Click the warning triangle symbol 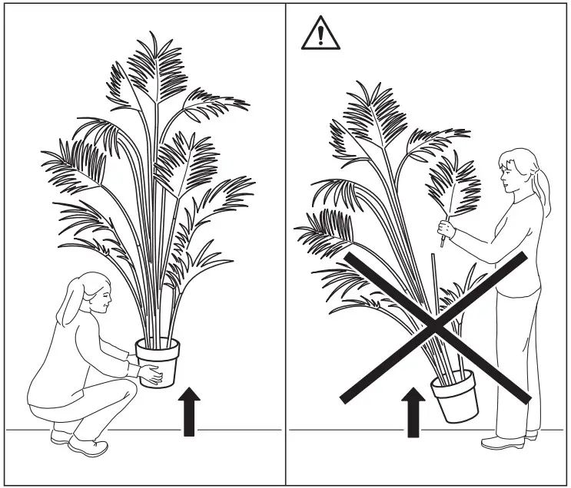[319, 35]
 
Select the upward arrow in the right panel [413, 414]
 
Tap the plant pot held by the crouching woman [158, 361]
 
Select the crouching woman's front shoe [87, 446]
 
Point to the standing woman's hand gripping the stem [445, 228]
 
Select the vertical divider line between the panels [286, 246]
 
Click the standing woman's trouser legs [516, 361]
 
